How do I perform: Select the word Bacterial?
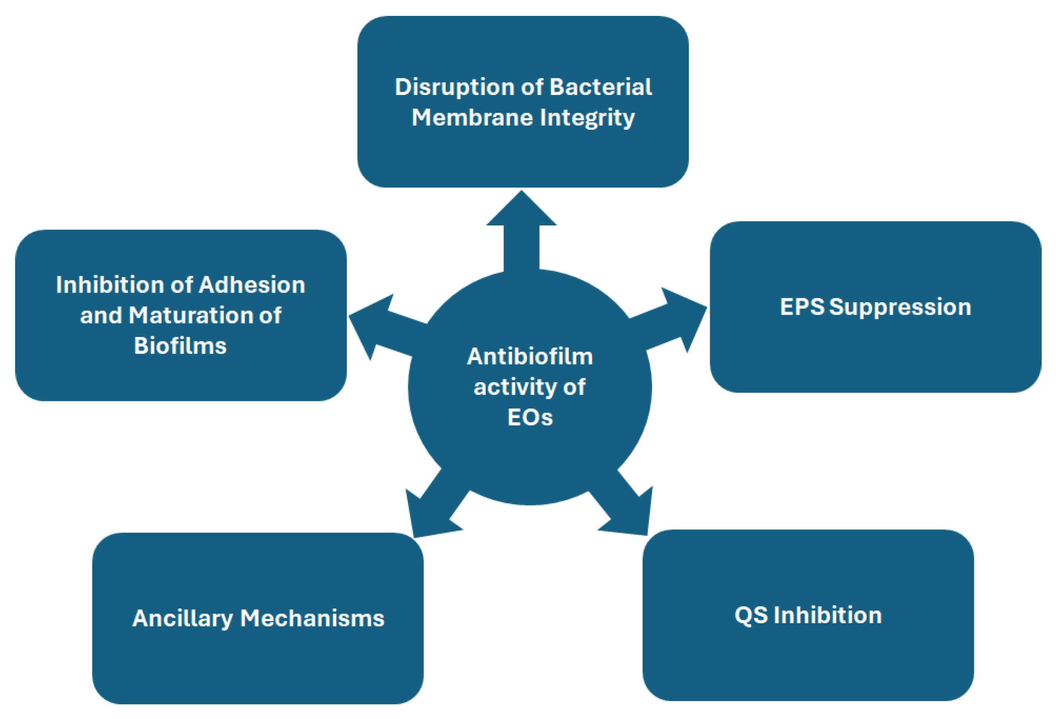point(601,87)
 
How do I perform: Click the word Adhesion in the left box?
point(252,285)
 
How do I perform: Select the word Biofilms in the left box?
point(180,346)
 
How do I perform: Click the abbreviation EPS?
point(802,307)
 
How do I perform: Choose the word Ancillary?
point(182,618)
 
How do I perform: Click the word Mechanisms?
point(312,618)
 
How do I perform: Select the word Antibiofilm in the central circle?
point(530,357)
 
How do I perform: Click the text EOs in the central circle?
point(530,417)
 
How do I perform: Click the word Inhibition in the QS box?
point(827,615)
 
